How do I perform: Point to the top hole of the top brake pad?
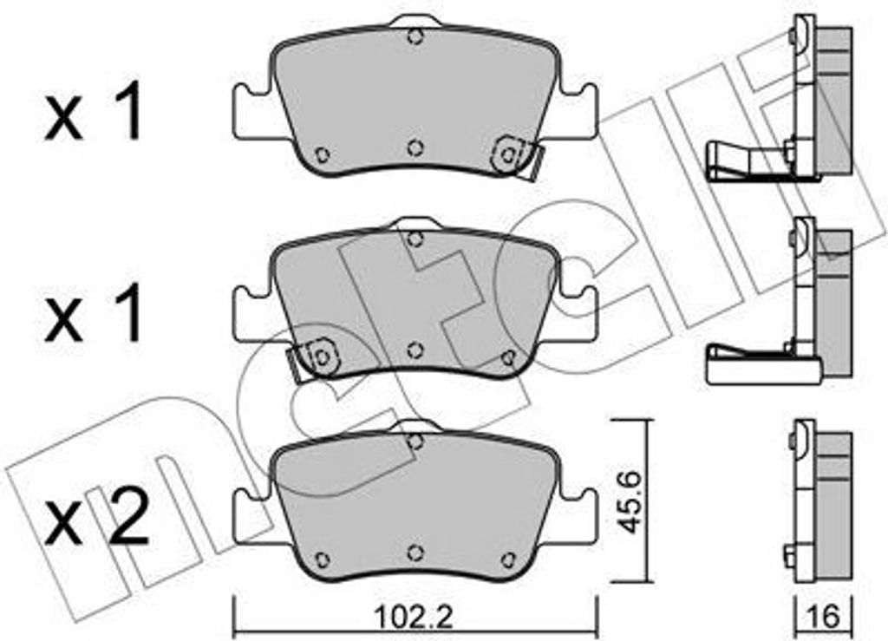[x=415, y=37]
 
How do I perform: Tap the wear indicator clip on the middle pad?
[x=314, y=358]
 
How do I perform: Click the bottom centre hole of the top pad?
[x=415, y=147]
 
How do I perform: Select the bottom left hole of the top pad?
[x=323, y=154]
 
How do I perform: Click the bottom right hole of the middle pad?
[x=508, y=357]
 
